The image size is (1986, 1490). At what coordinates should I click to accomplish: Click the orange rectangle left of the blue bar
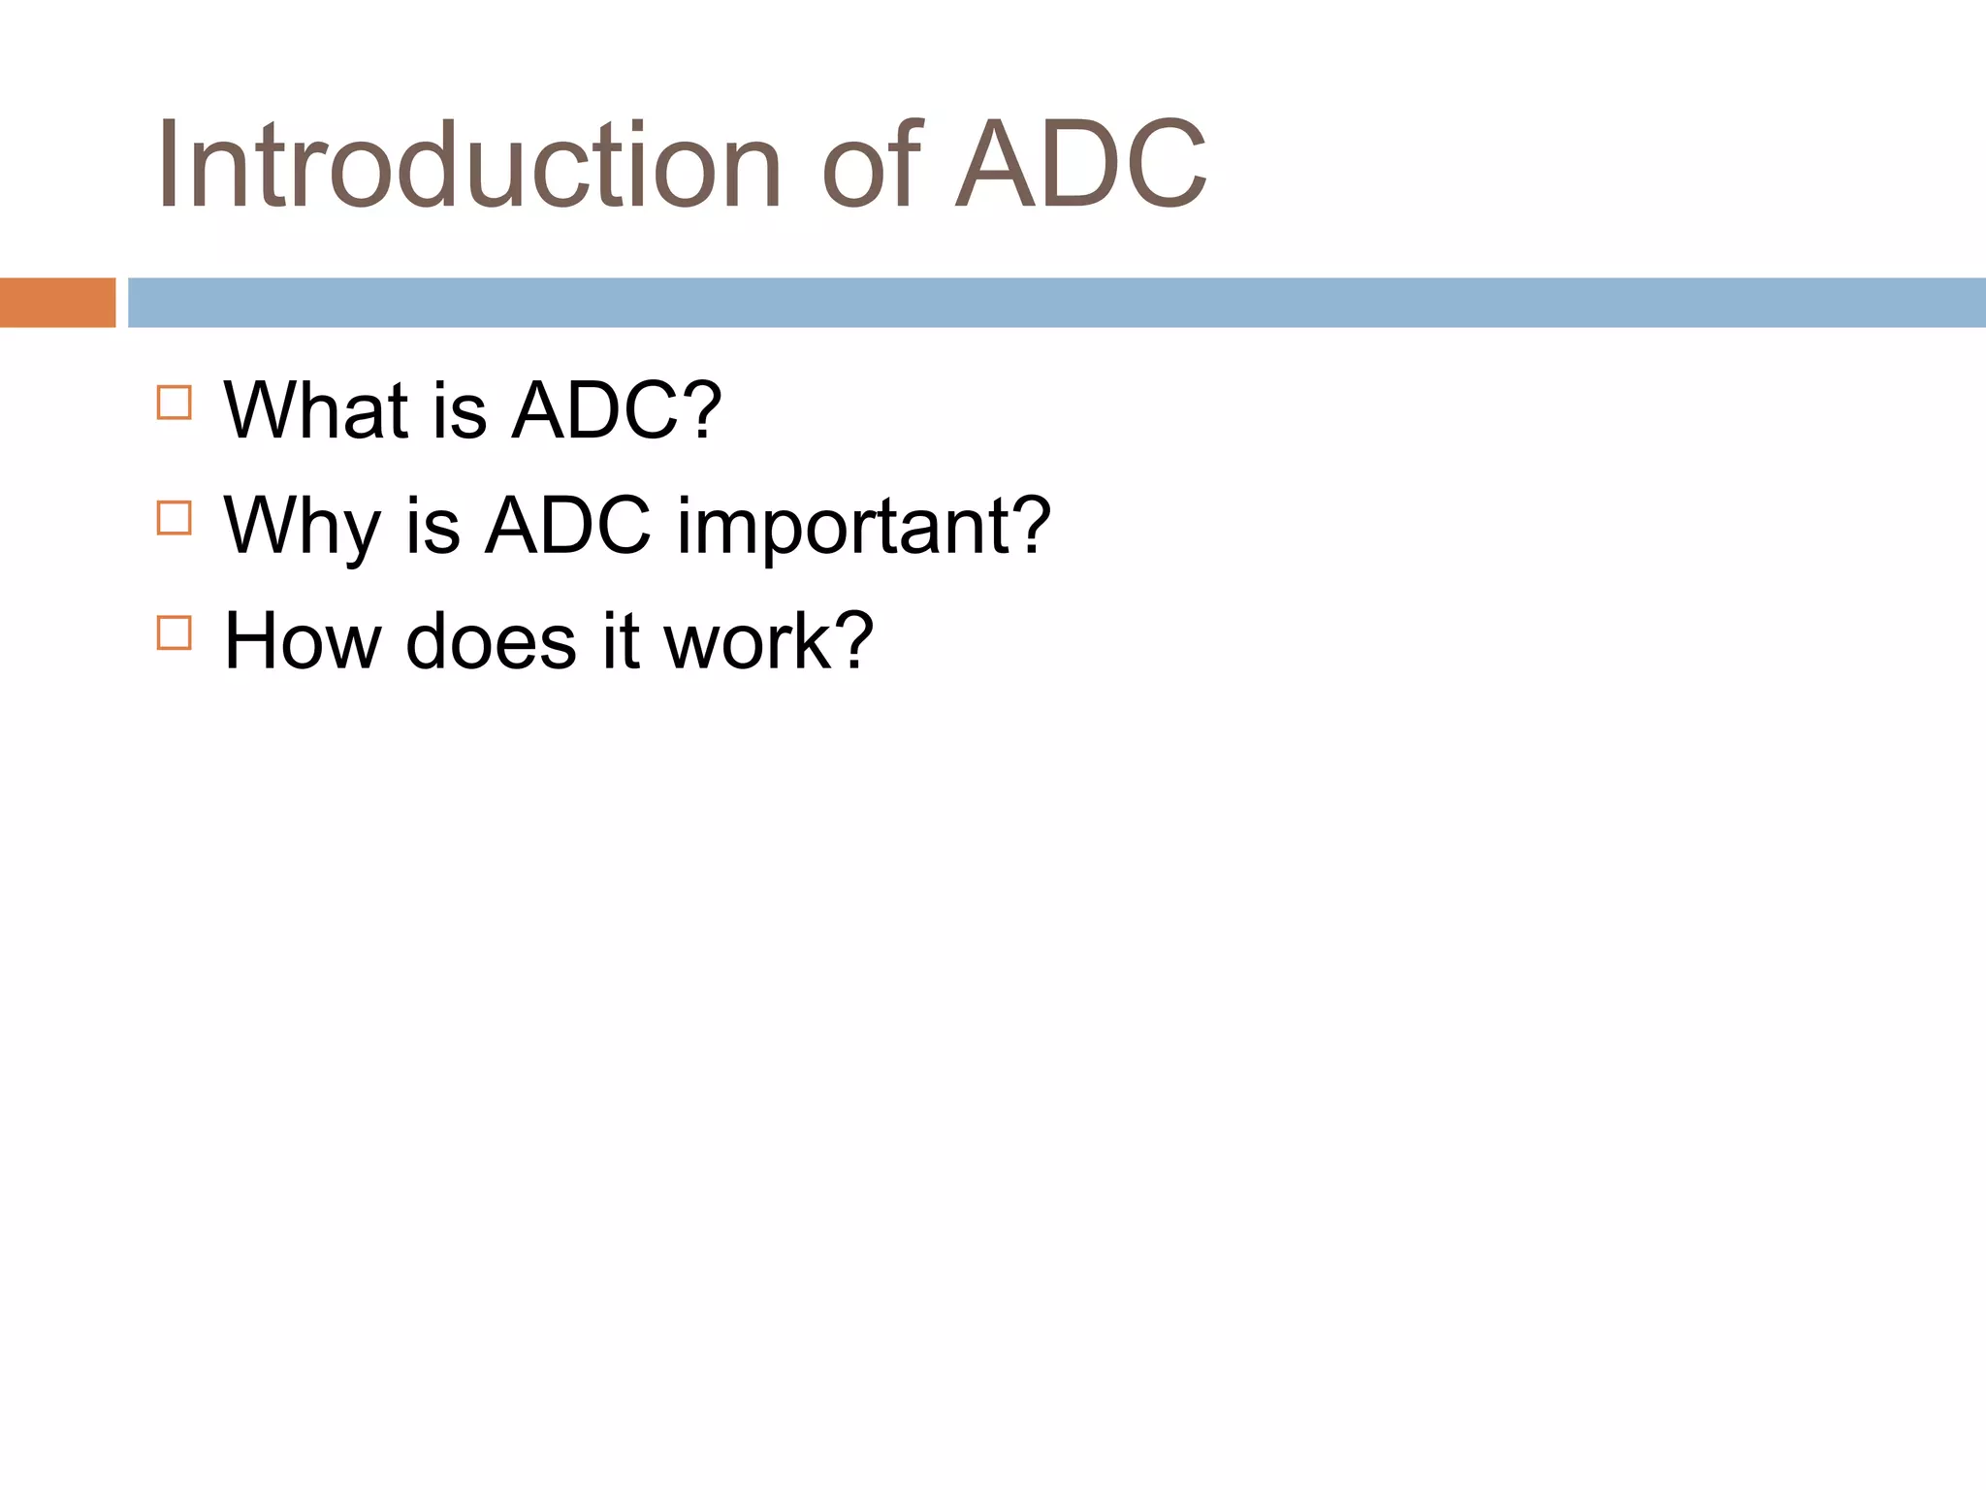57,303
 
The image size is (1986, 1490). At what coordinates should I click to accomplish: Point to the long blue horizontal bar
1057,303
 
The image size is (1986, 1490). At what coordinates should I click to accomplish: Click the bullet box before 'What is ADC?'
175,403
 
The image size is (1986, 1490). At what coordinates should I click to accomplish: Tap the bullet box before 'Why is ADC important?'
175,518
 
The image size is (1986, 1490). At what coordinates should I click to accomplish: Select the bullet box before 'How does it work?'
175,633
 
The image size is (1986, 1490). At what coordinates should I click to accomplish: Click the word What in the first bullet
316,410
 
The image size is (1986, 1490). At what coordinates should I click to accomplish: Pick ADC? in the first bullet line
617,410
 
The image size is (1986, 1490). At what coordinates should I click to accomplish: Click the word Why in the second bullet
302,527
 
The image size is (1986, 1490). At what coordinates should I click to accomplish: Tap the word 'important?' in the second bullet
863,527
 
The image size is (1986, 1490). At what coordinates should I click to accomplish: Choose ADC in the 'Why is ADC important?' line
567,527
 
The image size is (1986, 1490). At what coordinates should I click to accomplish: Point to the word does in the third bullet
491,641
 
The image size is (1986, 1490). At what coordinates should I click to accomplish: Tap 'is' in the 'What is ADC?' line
460,410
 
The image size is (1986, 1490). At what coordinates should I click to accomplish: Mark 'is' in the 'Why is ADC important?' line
432,527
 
